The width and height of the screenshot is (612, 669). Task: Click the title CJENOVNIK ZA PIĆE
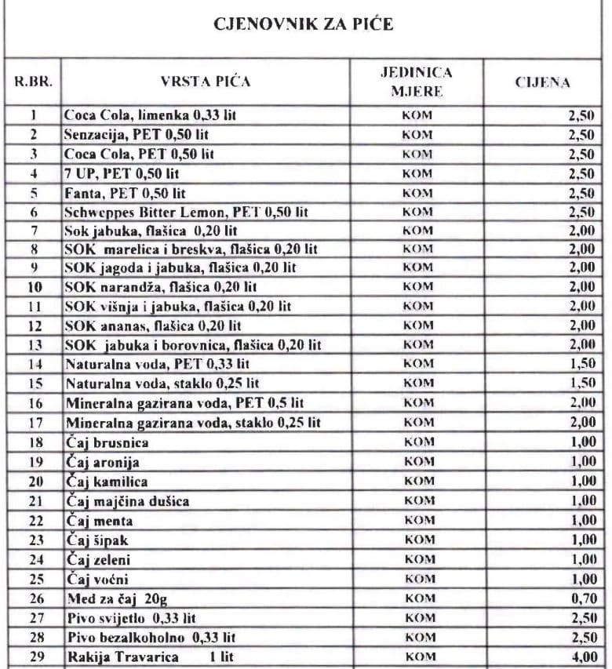pos(304,24)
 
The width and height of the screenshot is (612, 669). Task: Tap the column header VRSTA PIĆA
pos(206,82)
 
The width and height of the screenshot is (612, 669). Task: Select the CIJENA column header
pos(542,82)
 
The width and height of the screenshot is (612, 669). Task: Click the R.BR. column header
pos(33,82)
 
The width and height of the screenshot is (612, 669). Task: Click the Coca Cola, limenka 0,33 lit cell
pos(151,115)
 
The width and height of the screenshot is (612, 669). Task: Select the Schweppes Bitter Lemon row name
pos(187,212)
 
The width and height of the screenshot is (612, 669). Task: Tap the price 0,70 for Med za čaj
pos(582,598)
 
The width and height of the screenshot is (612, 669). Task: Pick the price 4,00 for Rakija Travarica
pos(582,656)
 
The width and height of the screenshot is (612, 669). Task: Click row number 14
pos(33,364)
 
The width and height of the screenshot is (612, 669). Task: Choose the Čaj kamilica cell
pos(106,481)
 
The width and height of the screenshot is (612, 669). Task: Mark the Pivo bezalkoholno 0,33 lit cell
pos(151,637)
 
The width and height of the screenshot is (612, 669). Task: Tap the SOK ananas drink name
pos(153,325)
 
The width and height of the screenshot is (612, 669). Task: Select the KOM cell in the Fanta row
pos(417,193)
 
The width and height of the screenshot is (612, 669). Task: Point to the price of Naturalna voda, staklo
pos(582,384)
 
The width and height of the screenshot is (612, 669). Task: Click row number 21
pos(33,500)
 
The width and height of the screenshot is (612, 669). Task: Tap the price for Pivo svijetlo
pos(582,618)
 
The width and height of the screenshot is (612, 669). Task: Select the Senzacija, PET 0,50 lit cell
pos(137,135)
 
